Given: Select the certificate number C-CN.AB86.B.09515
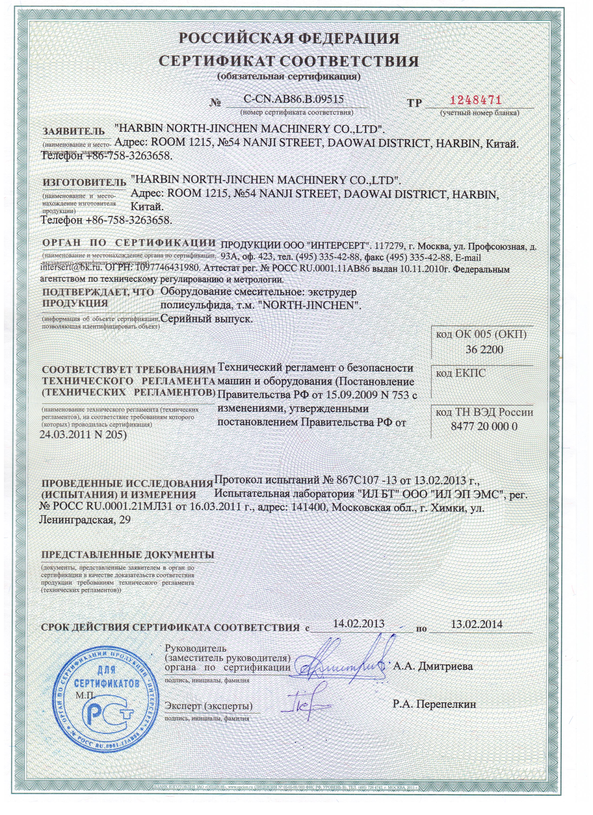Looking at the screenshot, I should click(x=293, y=99).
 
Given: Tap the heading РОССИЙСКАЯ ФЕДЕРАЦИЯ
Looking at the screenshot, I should click(x=289, y=39).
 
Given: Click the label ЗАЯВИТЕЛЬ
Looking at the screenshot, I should click(x=74, y=131).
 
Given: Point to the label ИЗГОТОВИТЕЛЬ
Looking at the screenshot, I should click(x=84, y=182).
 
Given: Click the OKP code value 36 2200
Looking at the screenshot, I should click(x=484, y=350).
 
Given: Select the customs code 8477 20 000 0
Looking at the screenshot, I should click(x=484, y=427).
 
